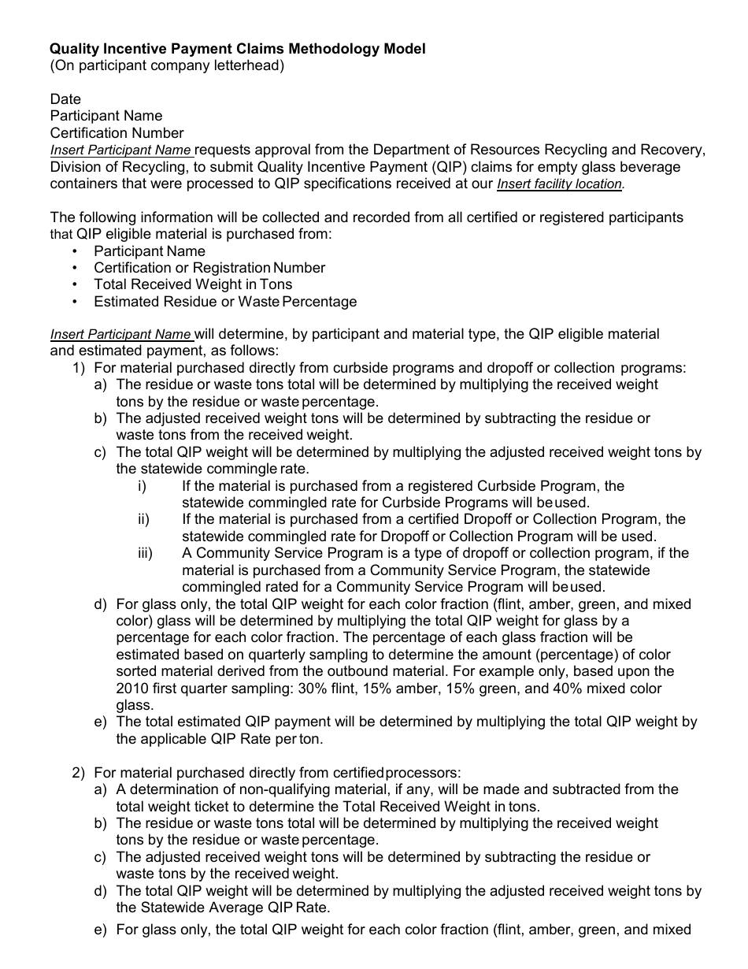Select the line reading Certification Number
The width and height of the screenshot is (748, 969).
[x=117, y=133]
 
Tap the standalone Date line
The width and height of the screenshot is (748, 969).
[x=65, y=99]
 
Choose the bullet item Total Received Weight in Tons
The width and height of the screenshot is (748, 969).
[x=192, y=284]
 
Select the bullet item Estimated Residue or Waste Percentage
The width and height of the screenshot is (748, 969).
[x=224, y=302]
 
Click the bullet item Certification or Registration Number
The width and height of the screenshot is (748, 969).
[x=209, y=268]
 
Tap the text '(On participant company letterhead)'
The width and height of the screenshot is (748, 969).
[x=167, y=66]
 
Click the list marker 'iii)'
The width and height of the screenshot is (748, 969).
[x=145, y=553]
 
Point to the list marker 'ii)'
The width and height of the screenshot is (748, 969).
[x=143, y=519]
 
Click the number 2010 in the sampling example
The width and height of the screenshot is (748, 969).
[x=132, y=689]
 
